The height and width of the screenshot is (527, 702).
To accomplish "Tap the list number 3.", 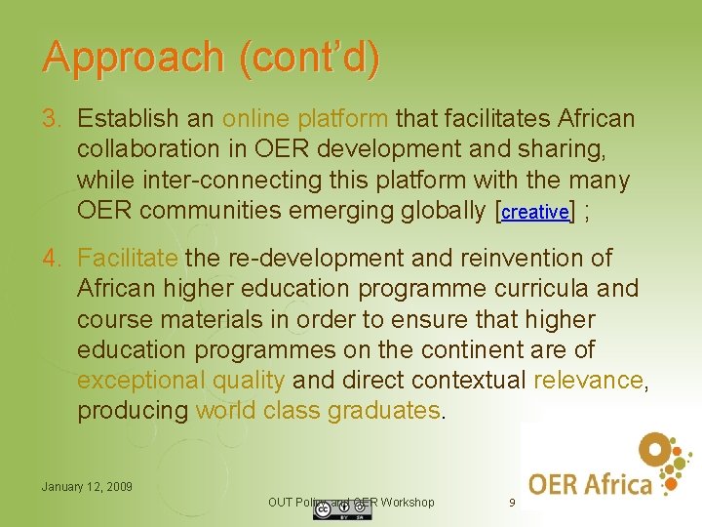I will tap(51, 119).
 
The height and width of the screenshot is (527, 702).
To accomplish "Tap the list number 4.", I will tap(51, 259).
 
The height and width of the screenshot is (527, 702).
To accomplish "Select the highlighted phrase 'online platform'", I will tap(305, 119).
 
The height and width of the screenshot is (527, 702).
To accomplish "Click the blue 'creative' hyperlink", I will tap(534, 212).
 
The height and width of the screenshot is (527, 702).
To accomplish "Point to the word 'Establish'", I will tap(127, 119).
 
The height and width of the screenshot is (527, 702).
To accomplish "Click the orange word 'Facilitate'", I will tap(127, 259).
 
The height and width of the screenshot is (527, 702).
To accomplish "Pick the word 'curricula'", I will tap(550, 289).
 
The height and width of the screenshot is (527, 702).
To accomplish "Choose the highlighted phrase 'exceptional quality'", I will tap(180, 381).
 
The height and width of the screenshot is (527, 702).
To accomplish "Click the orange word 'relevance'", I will tap(588, 381).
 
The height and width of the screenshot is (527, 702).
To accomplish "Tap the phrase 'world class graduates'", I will tap(318, 411).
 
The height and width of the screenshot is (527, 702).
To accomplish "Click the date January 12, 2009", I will tap(87, 486).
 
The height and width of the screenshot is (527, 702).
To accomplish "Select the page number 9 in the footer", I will tap(512, 503).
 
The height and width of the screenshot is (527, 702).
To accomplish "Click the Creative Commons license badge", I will tap(329, 511).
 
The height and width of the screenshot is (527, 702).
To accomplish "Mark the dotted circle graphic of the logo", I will tap(666, 459).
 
